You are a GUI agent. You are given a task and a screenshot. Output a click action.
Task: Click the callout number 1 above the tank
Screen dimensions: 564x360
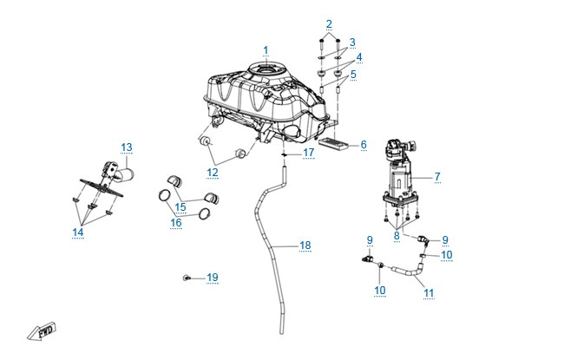tap(266, 50)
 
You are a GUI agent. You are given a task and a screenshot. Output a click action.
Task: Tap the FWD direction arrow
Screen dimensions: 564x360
tap(43, 331)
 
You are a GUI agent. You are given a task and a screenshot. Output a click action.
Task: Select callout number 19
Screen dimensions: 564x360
tap(213, 278)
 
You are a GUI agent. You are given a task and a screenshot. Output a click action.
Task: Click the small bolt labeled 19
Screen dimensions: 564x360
tap(187, 278)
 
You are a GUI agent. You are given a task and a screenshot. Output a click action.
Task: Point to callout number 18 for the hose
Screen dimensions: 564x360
tap(305, 245)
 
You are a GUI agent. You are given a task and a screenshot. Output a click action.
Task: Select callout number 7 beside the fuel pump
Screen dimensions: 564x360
tap(437, 177)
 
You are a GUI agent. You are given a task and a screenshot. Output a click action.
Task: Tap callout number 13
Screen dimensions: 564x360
tap(127, 147)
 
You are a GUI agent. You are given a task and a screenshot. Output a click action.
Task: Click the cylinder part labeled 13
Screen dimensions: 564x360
tap(125, 175)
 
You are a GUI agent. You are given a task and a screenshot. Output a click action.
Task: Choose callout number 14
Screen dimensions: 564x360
tap(78, 232)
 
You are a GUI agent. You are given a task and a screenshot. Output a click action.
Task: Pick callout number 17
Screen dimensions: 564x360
tap(308, 153)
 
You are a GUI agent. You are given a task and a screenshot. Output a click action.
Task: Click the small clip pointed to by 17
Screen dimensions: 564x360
tap(284, 154)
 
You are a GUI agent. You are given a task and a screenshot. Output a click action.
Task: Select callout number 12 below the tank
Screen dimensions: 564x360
tap(213, 173)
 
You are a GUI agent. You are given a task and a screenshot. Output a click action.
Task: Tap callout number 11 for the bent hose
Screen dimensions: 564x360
tap(429, 293)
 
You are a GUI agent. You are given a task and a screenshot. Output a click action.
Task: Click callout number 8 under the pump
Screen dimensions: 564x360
tap(397, 236)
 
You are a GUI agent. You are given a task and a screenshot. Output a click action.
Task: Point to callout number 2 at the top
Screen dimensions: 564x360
tap(329, 24)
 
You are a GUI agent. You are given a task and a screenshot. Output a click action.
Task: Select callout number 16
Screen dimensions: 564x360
tap(175, 223)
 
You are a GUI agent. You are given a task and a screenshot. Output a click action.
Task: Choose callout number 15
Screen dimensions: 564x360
tap(180, 207)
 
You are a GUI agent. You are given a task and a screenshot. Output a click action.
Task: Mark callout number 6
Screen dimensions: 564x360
tap(364, 145)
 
